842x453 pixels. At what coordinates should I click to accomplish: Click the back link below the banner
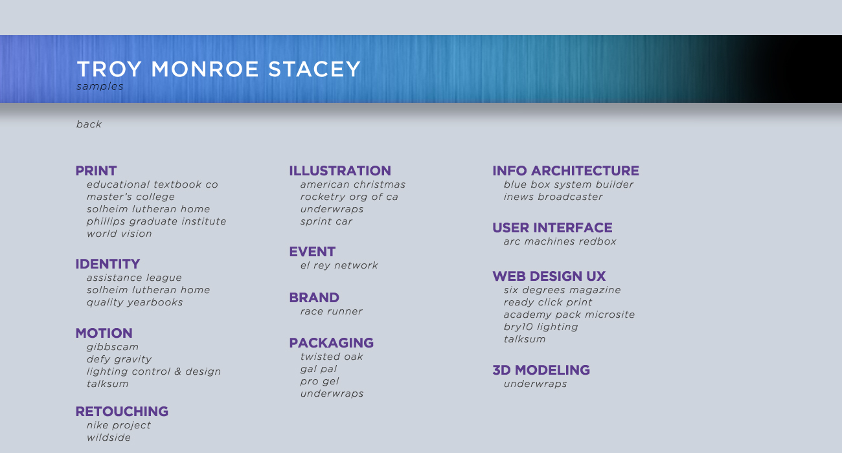[89, 124]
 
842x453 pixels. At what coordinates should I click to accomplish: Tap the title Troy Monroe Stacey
[218, 69]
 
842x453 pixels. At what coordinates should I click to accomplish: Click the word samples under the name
[100, 86]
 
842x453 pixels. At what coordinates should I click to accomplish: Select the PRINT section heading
[96, 171]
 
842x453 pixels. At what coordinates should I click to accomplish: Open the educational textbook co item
[152, 184]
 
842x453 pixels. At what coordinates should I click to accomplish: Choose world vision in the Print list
[119, 234]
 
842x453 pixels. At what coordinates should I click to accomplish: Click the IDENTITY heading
[108, 264]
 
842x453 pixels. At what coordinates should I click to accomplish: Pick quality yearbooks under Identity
[135, 302]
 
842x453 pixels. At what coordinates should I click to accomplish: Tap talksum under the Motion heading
[108, 384]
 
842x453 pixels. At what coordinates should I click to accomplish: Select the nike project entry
[119, 425]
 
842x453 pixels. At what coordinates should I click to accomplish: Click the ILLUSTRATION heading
[340, 171]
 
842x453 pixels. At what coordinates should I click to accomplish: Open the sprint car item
[326, 221]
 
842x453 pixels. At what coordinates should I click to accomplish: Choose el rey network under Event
[339, 265]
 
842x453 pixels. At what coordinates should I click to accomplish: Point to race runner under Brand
[331, 311]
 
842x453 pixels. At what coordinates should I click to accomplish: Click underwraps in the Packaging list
[332, 393]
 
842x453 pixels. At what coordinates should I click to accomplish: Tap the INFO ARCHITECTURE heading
[565, 171]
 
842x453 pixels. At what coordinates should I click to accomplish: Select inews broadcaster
[553, 197]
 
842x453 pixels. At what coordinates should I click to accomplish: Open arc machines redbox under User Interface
[560, 241]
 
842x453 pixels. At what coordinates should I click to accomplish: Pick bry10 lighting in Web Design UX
[541, 327]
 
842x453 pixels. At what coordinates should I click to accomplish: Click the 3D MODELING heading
[541, 370]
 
